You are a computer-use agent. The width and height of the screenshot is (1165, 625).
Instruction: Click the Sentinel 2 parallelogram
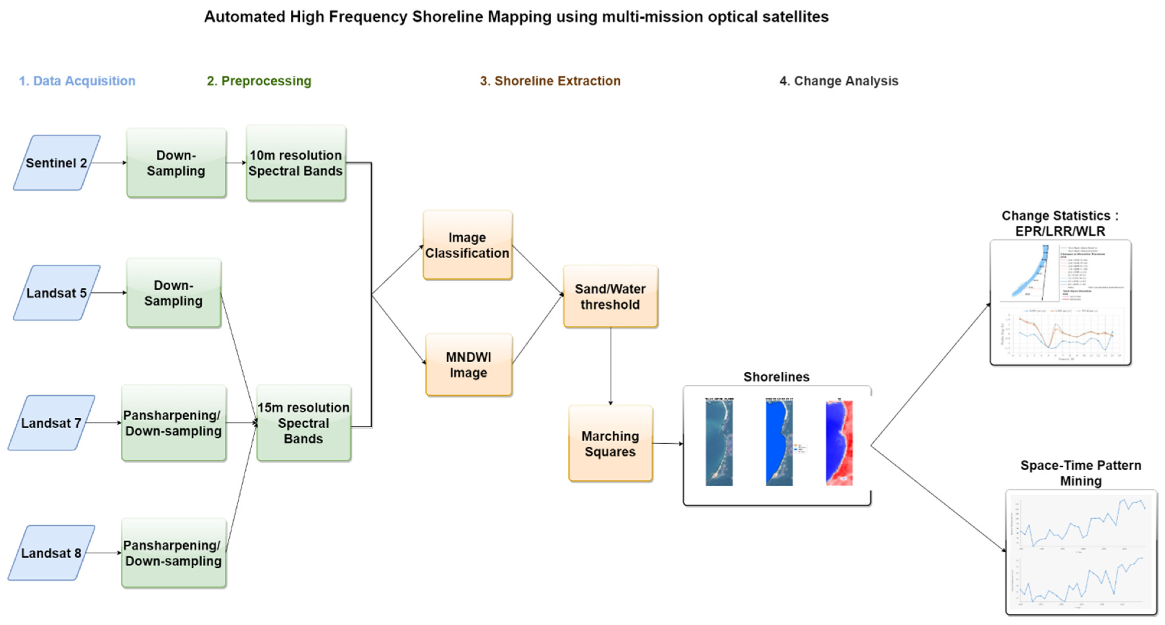56,163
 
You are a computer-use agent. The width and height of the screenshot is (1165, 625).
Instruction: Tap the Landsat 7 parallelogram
51,423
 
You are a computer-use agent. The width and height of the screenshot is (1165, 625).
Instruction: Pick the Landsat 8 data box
51,553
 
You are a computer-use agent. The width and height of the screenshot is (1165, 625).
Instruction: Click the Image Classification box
467,245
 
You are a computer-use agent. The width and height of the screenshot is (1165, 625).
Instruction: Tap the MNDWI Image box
469,365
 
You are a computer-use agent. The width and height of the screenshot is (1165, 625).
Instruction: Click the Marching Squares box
610,444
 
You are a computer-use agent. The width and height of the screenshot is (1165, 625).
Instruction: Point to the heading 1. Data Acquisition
77,81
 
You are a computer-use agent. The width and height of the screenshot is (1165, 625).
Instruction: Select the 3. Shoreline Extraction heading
550,81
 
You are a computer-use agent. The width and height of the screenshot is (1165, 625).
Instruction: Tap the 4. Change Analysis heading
838,81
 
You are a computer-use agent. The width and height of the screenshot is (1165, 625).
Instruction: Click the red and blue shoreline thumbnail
839,443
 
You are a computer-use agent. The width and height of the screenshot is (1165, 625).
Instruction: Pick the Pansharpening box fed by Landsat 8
173,553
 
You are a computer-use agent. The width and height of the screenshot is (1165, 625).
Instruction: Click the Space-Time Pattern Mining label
1081,473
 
